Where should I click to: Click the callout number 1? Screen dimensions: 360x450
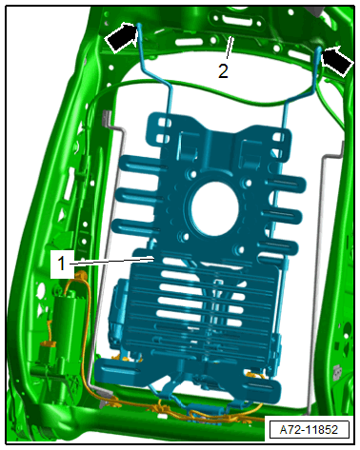(61, 264)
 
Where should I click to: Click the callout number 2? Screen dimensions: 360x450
(223, 70)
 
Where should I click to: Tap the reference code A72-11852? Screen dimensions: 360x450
(309, 430)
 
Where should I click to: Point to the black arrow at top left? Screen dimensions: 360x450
(121, 37)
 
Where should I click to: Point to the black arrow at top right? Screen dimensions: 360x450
(337, 60)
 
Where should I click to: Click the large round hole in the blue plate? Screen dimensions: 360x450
(214, 208)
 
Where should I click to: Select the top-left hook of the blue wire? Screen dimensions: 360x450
(139, 31)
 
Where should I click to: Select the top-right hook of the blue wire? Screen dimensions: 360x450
(318, 54)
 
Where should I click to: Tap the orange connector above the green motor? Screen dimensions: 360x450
(80, 274)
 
